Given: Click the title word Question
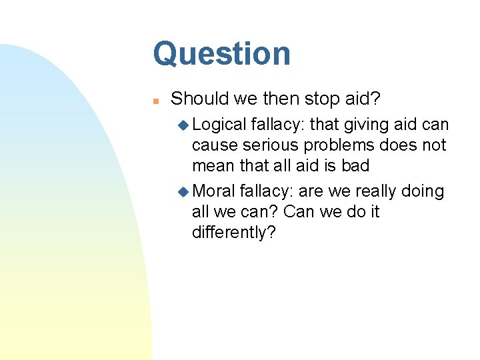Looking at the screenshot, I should pos(221,55).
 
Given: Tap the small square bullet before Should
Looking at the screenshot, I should pos(154,101).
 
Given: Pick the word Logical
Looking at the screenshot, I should pos(219,125).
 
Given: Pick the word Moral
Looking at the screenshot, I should pos(213,191).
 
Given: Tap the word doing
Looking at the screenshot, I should pos(423,192).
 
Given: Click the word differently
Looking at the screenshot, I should pos(233,233).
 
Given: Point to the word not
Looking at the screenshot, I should pos(434,146).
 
